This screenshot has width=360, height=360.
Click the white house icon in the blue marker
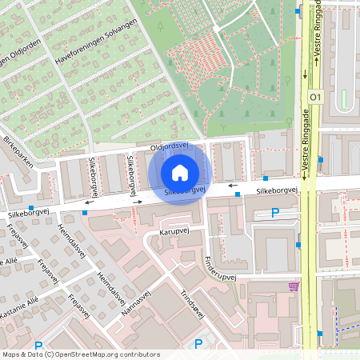tap(180, 172)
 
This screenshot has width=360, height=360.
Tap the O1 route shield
tap(314, 97)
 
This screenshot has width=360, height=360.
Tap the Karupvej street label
tap(173, 230)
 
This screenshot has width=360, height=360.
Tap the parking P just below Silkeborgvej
tap(275, 213)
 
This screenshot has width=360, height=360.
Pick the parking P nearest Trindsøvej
tap(199, 344)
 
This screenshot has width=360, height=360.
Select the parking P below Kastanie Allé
tap(38, 345)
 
